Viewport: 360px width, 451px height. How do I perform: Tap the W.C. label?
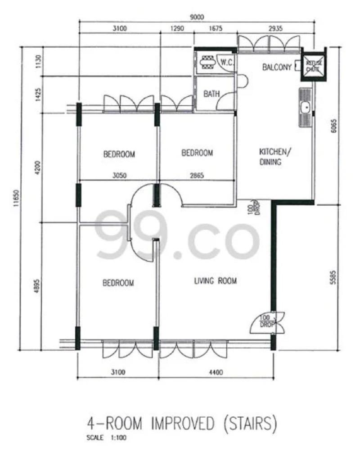point(226,63)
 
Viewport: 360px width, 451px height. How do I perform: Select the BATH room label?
point(211,94)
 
